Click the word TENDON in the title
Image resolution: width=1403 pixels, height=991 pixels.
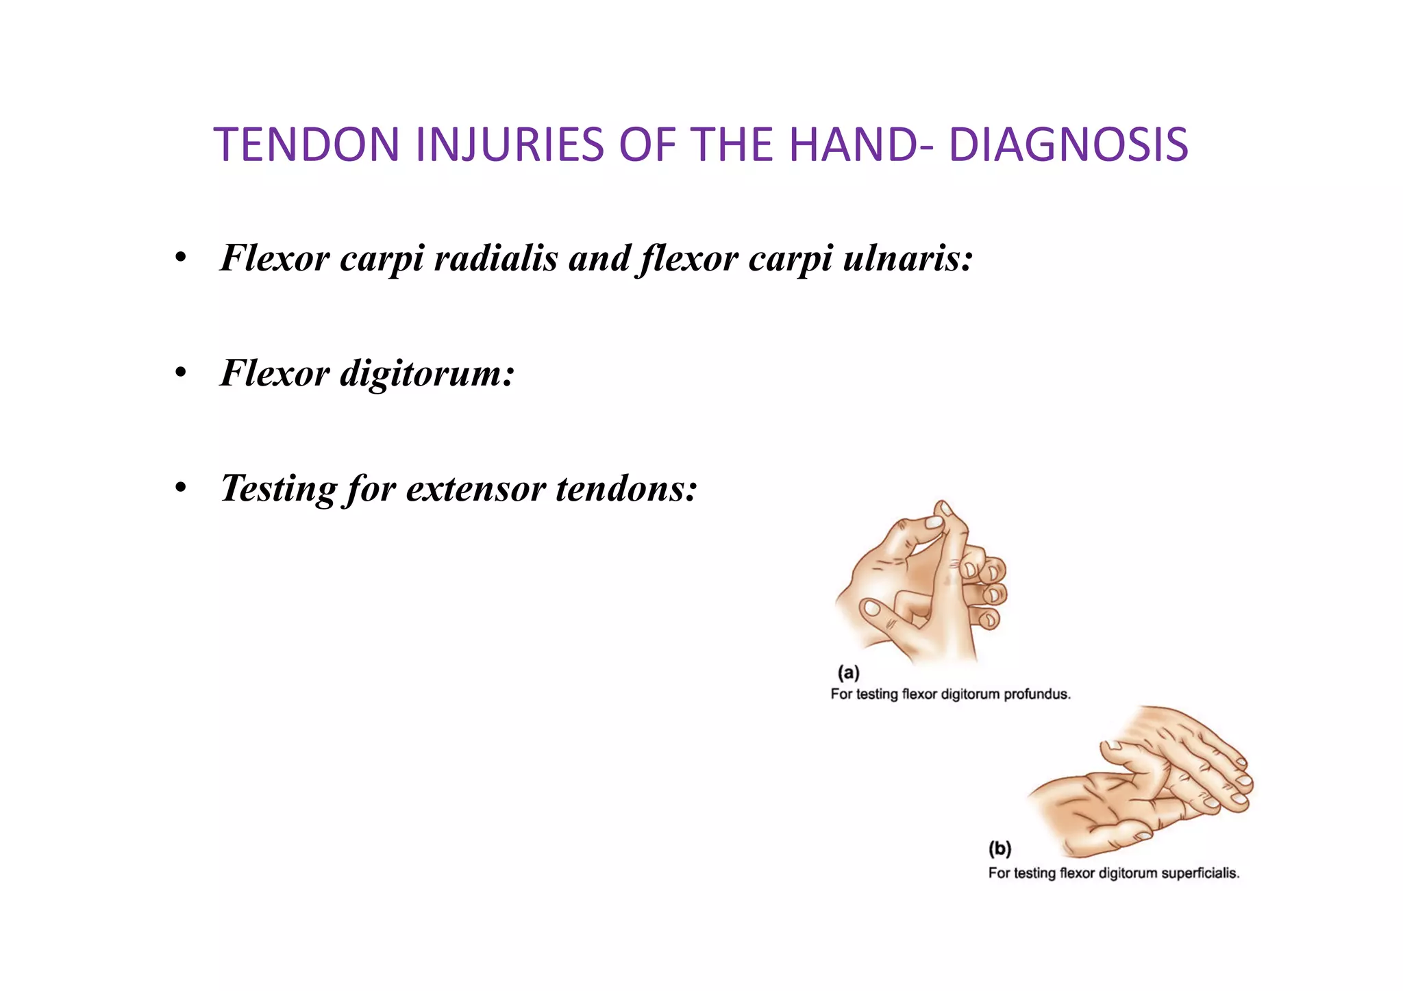click(306, 145)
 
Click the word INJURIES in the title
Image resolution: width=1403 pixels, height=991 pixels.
click(509, 145)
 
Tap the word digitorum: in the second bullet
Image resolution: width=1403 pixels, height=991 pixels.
click(426, 373)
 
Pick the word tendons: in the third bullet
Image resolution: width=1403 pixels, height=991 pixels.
click(626, 488)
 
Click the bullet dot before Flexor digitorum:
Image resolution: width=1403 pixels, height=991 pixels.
click(180, 374)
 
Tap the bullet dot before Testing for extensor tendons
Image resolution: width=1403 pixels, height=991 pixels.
click(180, 489)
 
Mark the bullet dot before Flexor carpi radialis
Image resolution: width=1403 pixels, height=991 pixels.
click(180, 259)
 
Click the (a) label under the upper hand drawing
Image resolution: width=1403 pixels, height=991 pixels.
click(849, 672)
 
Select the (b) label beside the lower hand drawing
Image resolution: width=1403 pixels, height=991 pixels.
click(1000, 849)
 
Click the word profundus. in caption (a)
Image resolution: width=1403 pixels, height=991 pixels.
click(1036, 694)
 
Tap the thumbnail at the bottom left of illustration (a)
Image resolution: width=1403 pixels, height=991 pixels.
click(872, 607)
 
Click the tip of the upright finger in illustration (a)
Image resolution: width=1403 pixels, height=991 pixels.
click(945, 508)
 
